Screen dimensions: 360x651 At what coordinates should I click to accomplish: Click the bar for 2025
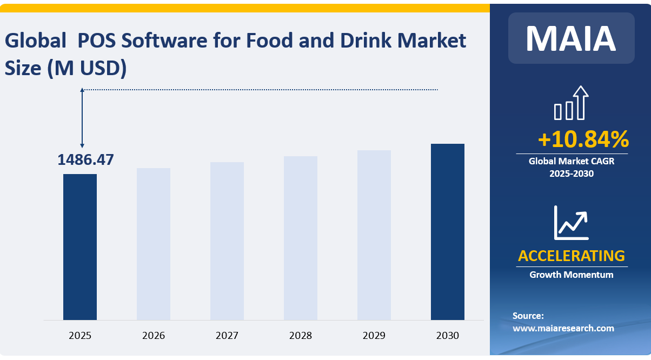(x=80, y=246)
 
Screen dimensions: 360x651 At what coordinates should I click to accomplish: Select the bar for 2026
(x=154, y=244)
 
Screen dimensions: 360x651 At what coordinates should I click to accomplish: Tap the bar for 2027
(x=227, y=241)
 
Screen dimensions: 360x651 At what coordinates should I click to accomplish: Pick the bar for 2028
(x=301, y=238)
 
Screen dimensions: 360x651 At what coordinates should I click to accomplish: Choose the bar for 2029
(x=374, y=235)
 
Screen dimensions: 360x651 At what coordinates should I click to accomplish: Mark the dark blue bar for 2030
(x=448, y=231)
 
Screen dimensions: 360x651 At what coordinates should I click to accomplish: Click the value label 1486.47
(x=85, y=160)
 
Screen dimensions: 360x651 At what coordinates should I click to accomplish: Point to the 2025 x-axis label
(x=80, y=336)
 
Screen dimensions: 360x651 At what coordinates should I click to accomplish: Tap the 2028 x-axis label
(x=301, y=336)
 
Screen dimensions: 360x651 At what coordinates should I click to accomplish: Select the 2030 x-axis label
(x=448, y=336)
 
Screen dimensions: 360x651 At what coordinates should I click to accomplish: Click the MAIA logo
(x=571, y=38)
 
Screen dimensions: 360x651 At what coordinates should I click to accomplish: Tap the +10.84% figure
(x=583, y=139)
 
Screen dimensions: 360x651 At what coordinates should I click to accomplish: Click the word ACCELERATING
(x=571, y=256)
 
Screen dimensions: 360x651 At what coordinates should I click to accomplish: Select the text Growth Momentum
(x=571, y=275)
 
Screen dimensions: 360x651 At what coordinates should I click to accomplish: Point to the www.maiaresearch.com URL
(x=563, y=328)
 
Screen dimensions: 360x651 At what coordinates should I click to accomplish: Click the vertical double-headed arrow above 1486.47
(x=82, y=118)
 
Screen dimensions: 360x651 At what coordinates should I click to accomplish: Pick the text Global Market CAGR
(x=571, y=161)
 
